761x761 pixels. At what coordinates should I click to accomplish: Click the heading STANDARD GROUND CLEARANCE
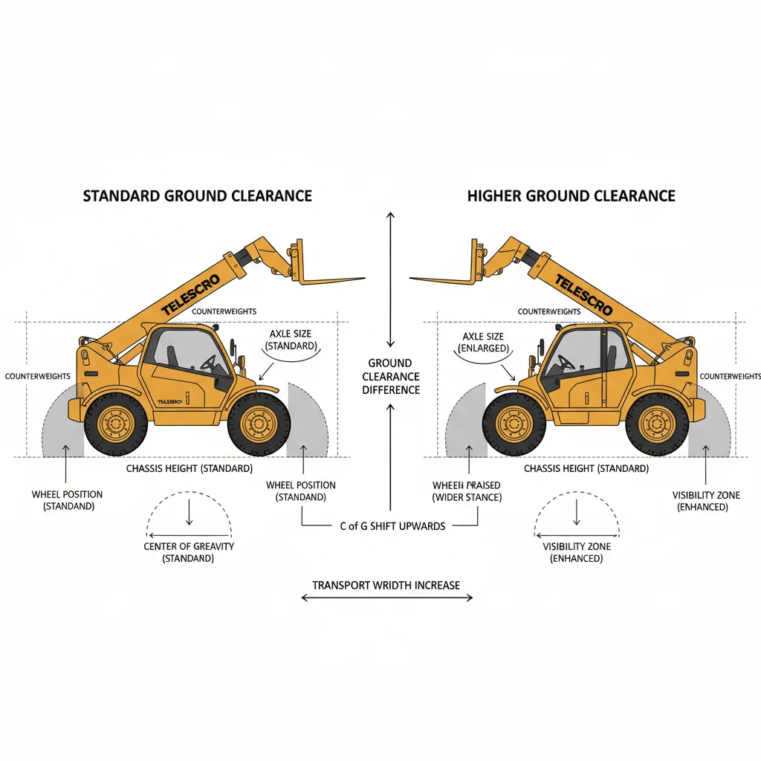pyautogui.click(x=197, y=196)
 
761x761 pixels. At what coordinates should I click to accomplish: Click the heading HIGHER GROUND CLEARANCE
pyautogui.click(x=571, y=196)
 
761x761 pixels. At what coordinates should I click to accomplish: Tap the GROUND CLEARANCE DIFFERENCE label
pyautogui.click(x=391, y=376)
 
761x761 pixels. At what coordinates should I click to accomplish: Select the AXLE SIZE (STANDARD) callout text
pyautogui.click(x=291, y=340)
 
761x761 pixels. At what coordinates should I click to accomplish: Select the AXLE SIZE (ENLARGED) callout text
pyautogui.click(x=483, y=342)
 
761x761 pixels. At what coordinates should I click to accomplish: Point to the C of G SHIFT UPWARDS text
pyautogui.click(x=392, y=526)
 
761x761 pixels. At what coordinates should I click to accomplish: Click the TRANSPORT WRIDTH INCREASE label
pyautogui.click(x=386, y=586)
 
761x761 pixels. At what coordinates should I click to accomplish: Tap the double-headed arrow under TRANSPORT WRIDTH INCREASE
pyautogui.click(x=386, y=598)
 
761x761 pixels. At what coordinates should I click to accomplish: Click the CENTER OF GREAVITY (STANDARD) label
pyautogui.click(x=189, y=552)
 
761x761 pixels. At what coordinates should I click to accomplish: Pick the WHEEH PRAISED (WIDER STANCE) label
pyautogui.click(x=467, y=491)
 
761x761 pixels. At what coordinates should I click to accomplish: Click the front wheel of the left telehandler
pyautogui.click(x=258, y=425)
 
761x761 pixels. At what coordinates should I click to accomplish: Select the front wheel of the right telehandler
pyautogui.click(x=514, y=425)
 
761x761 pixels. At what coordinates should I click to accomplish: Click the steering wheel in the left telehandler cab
pyautogui.click(x=210, y=363)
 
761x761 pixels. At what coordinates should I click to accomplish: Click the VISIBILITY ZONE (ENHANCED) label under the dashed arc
pyautogui.click(x=577, y=552)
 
